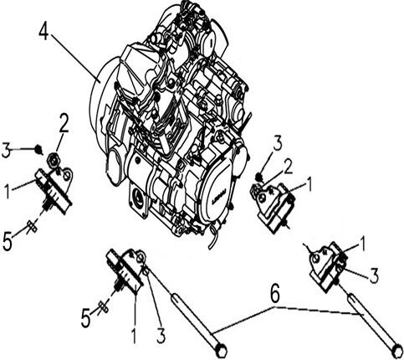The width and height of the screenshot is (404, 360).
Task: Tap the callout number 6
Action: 275,294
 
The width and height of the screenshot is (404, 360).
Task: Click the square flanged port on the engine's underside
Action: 138,200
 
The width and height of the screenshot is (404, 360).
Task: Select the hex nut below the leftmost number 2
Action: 53,158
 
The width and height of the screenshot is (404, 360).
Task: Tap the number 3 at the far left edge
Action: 6,151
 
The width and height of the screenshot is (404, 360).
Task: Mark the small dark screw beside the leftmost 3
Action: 38,149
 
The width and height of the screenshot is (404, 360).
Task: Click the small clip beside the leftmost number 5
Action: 32,226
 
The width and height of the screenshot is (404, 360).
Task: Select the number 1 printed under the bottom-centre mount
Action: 134,336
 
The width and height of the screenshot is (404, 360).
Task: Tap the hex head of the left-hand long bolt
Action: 222,352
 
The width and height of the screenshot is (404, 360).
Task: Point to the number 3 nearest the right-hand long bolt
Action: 374,275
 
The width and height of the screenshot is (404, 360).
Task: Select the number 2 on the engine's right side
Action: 289,167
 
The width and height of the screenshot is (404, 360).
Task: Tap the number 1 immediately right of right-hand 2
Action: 309,184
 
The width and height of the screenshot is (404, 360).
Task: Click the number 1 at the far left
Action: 7,191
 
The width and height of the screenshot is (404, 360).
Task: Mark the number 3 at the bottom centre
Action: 161,335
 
